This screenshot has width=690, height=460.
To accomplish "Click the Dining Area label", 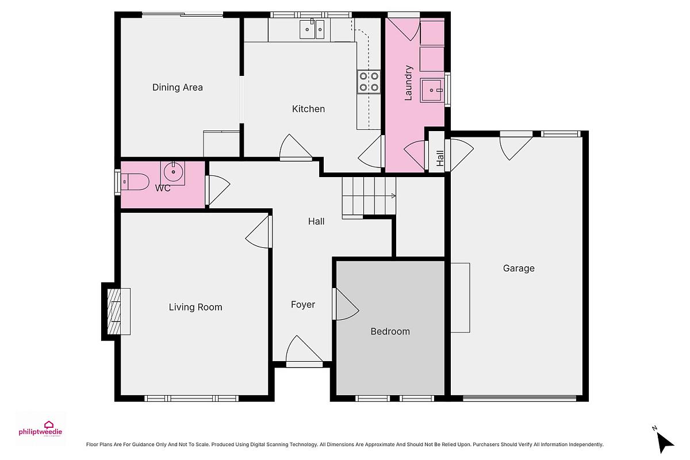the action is tap(178, 87).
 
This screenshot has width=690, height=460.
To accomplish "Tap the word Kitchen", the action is tap(308, 109).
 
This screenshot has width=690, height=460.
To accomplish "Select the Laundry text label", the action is tap(408, 83).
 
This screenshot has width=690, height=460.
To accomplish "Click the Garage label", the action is tap(519, 269).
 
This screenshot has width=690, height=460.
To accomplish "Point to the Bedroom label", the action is tap(390, 332).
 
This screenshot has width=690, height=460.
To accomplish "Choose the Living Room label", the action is tap(195, 307).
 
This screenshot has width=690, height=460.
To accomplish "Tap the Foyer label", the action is tap(303, 305).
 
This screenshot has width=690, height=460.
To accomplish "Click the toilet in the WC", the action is tap(135, 182).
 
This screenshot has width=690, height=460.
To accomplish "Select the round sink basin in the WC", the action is tap(173, 171).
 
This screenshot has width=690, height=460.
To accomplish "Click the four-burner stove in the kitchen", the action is tap(369, 82).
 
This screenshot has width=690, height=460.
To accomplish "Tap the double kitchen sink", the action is tap(312, 29).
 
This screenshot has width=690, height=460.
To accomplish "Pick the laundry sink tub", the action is tap(432, 90).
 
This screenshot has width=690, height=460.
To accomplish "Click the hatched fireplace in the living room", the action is tap(114, 312).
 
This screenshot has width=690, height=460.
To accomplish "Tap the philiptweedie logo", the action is tap(40, 429).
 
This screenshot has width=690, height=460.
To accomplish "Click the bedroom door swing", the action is tap(346, 304).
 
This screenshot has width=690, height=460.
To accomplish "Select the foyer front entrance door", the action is tap(304, 351).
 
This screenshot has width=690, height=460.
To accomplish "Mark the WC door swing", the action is tap(218, 190).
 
